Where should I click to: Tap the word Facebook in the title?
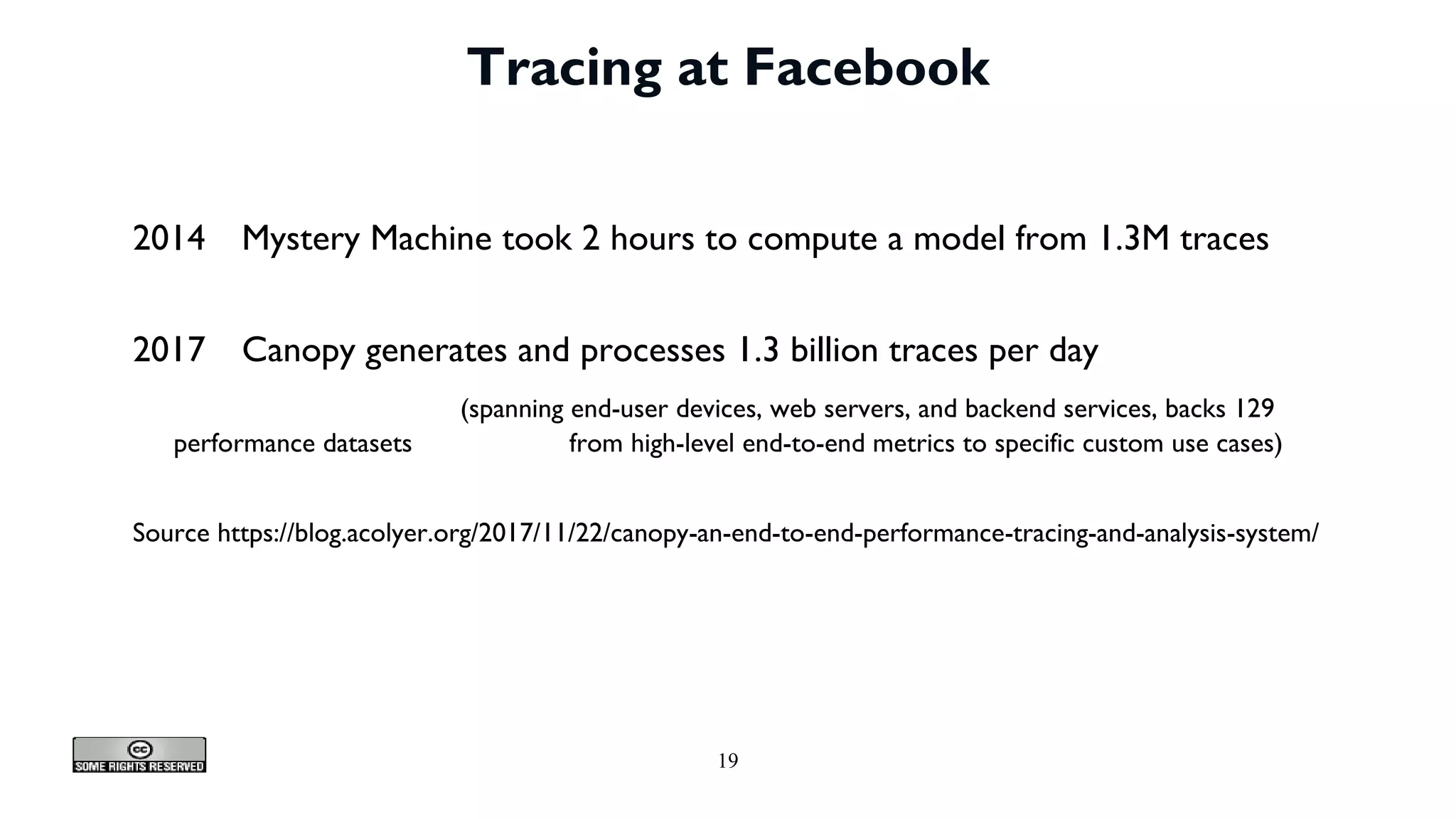pyautogui.click(x=867, y=68)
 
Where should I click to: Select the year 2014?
pyautogui.click(x=168, y=238)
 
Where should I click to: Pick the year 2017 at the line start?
pyautogui.click(x=168, y=350)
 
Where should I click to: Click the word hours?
pyautogui.click(x=652, y=238)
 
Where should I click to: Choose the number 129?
pyautogui.click(x=1253, y=409)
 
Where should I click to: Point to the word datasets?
pyautogui.click(x=367, y=444)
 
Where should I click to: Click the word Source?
pyautogui.click(x=171, y=532)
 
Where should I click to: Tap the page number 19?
pyautogui.click(x=728, y=761)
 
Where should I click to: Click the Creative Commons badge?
pyautogui.click(x=139, y=755)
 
